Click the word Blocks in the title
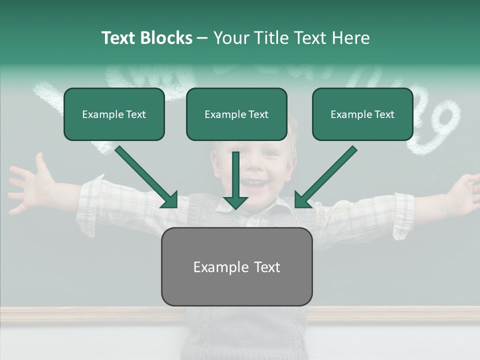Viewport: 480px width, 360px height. pyautogui.click(x=166, y=38)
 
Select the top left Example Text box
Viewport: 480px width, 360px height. pyautogui.click(x=114, y=114)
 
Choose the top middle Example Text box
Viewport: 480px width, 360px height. pyautogui.click(x=236, y=114)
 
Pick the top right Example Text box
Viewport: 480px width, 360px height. pyautogui.click(x=362, y=114)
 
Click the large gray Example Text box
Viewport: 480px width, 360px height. pyautogui.click(x=236, y=267)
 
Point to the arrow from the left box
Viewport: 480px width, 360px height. pyautogui.click(x=147, y=178)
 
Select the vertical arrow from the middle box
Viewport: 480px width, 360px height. pyautogui.click(x=235, y=180)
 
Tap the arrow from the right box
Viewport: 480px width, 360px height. pyautogui.click(x=325, y=178)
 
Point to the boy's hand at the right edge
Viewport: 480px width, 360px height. pyautogui.click(x=462, y=192)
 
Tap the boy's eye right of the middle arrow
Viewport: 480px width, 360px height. pyautogui.click(x=270, y=154)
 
